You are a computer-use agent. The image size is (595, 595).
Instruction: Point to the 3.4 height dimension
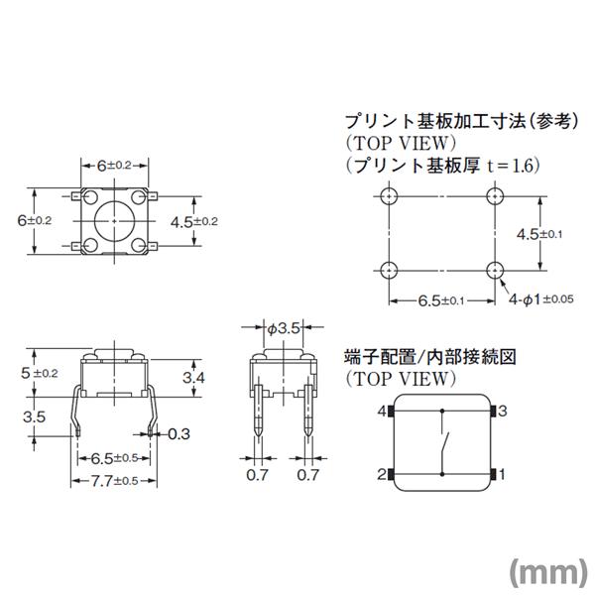195,379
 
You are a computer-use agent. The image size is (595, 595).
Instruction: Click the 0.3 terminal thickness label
178,433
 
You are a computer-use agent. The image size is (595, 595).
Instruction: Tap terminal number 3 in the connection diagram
503,410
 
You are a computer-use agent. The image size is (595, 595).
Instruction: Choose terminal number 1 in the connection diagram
503,474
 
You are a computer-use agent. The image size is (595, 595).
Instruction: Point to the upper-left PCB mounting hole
388,195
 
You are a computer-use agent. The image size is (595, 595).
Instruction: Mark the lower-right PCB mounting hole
496,270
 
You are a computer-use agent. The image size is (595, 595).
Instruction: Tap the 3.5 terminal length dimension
34,417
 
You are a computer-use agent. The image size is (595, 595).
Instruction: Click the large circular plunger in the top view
112,217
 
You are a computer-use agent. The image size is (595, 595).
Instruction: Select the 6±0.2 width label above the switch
114,165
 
